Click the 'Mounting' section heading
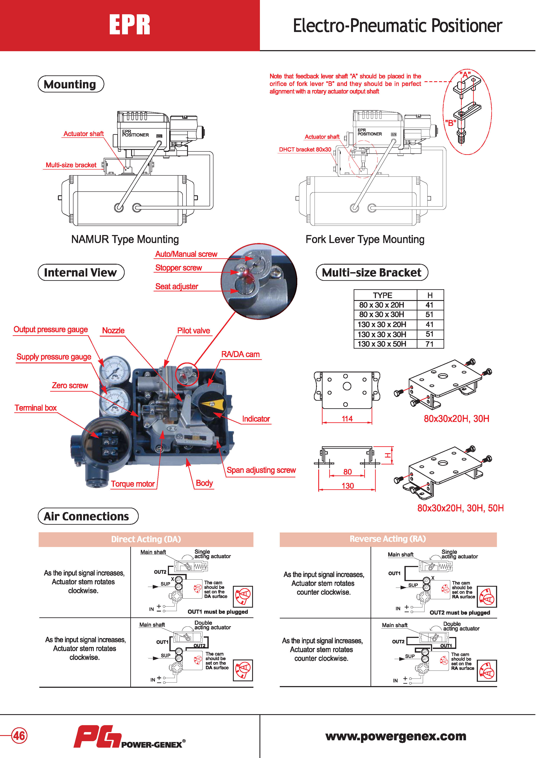(71, 84)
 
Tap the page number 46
(19, 736)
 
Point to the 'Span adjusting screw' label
(261, 470)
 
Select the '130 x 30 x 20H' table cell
(382, 324)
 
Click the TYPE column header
(382, 295)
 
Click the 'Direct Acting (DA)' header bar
(146, 539)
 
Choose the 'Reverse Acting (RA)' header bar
(388, 539)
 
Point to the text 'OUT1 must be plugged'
(218, 612)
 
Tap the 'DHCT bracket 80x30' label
(305, 149)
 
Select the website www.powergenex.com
(396, 736)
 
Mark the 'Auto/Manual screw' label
(186, 254)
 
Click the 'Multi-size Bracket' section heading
(372, 272)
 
